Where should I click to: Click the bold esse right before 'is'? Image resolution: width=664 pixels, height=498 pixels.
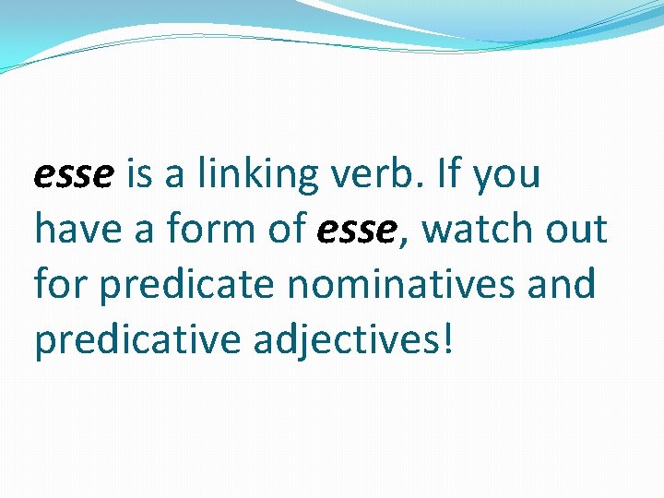[x=73, y=174]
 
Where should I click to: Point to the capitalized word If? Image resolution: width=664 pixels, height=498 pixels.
[x=450, y=174]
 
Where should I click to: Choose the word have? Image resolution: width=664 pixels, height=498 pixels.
[x=77, y=230]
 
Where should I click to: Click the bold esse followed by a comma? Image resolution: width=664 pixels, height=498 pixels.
[x=354, y=230]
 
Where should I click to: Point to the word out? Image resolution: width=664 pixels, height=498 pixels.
[x=577, y=230]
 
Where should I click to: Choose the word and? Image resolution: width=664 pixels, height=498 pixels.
[x=564, y=285]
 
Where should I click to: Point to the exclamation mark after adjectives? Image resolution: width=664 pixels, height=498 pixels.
[x=448, y=338]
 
